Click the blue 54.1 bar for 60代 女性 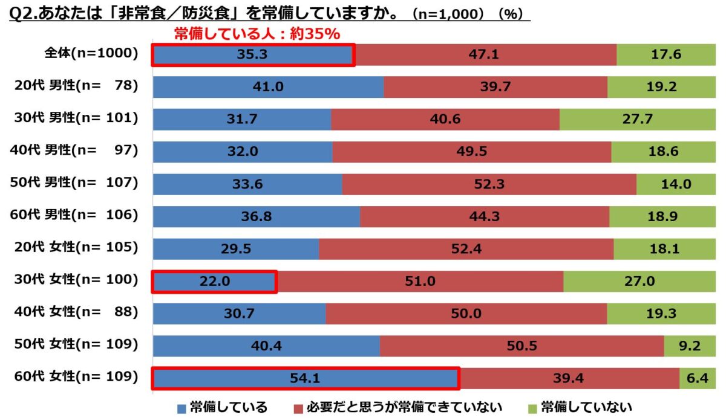(x=305, y=378)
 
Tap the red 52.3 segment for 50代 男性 (x=489, y=184)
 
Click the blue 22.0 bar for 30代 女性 (x=214, y=282)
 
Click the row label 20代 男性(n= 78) (x=76, y=86)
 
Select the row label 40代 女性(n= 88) (x=76, y=313)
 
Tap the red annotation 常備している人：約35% (x=257, y=34)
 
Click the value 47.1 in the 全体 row (x=483, y=54)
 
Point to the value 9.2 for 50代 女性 (x=689, y=346)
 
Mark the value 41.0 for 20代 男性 (x=269, y=87)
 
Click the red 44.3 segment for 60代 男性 (x=485, y=216)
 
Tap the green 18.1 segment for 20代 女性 (x=664, y=249)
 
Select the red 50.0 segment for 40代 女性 (x=466, y=314)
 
